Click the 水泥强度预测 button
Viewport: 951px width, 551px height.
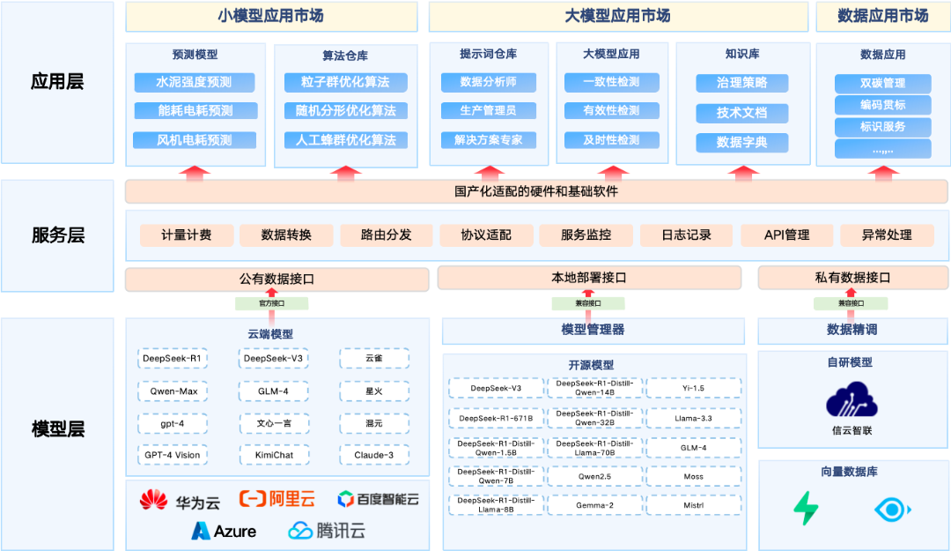(x=194, y=83)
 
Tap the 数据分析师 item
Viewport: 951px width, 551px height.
(x=488, y=83)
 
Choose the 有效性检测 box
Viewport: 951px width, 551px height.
(x=611, y=111)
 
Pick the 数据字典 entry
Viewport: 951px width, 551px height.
(x=741, y=143)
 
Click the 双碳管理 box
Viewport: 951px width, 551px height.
(x=882, y=84)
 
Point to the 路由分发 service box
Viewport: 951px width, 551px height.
(x=387, y=235)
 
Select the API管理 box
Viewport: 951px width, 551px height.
(x=786, y=235)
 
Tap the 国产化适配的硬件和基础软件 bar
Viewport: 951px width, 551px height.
(x=536, y=191)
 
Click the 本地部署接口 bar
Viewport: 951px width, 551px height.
(x=588, y=279)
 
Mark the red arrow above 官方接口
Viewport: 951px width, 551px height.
(x=271, y=292)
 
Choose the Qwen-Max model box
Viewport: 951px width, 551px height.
(x=173, y=391)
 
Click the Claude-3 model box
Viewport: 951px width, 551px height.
(x=374, y=455)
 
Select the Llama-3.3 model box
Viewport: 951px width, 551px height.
(x=693, y=418)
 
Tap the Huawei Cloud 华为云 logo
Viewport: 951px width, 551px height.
(x=180, y=501)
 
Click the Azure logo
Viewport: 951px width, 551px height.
(x=224, y=531)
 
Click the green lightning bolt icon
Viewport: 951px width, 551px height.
(x=806, y=509)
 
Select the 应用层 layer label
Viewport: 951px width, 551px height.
(x=57, y=83)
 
